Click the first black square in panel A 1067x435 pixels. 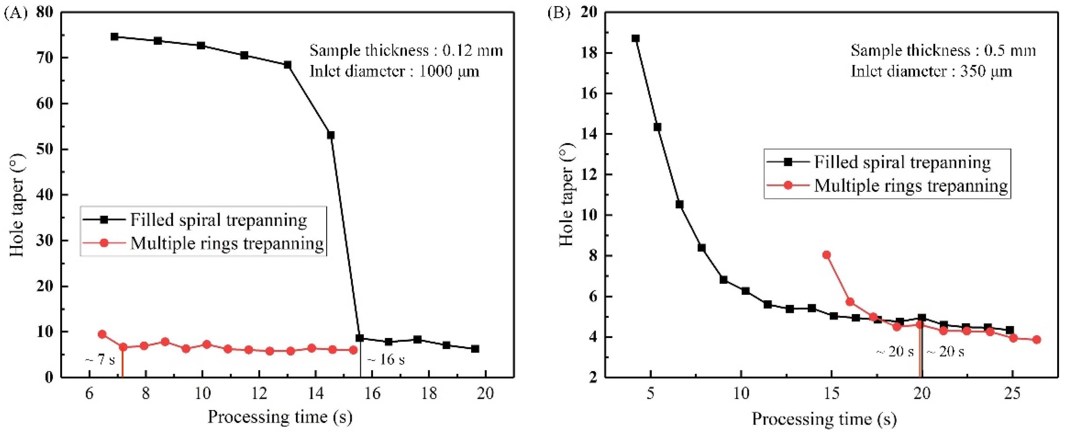[114, 36]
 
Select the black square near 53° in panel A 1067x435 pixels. [331, 135]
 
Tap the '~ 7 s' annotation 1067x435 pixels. [100, 360]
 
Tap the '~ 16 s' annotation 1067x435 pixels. [386, 359]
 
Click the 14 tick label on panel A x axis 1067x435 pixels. [316, 393]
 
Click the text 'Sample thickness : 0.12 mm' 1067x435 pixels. [406, 51]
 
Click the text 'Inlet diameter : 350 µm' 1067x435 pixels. [931, 71]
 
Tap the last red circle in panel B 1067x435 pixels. [1037, 340]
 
